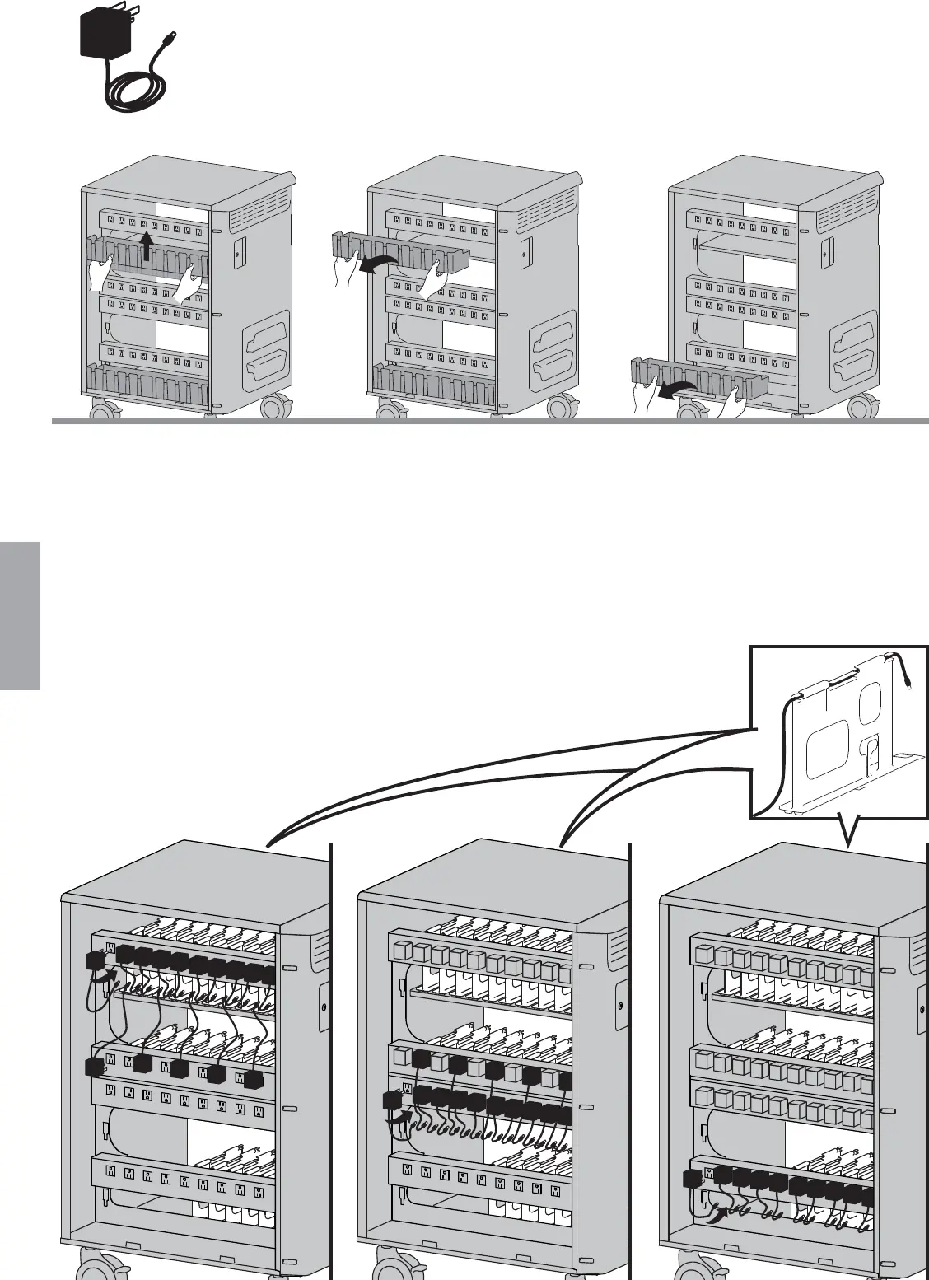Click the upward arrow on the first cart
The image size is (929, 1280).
(147, 245)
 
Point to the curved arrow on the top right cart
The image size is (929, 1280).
(679, 390)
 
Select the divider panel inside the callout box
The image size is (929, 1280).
(840, 741)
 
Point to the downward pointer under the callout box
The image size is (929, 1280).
(848, 832)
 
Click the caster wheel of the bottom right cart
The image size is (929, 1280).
(692, 1264)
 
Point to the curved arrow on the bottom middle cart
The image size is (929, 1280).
(403, 1116)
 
